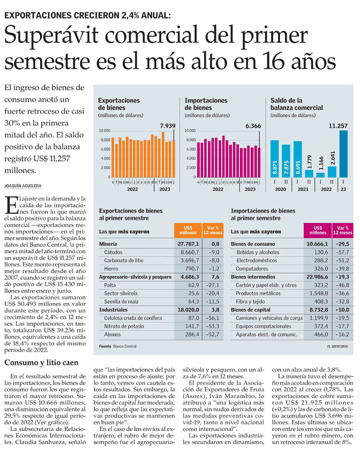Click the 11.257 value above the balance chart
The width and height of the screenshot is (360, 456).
click(338, 126)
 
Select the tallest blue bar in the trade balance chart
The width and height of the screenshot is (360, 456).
click(343, 154)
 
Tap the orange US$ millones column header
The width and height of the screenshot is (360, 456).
click(186, 230)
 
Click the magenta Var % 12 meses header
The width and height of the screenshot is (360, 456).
click(343, 230)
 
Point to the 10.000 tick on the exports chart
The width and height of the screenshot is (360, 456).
click(104, 131)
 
